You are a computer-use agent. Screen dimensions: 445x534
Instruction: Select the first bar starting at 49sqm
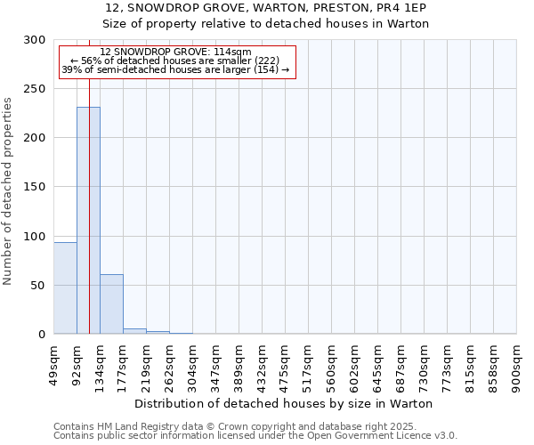(x=65, y=288)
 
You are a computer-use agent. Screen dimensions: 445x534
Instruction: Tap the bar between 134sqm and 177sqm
(x=111, y=304)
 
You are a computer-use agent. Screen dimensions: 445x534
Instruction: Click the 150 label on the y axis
(x=36, y=187)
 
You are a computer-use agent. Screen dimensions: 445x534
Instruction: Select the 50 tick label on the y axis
(x=38, y=286)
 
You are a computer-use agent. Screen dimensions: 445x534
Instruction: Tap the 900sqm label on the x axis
(x=517, y=364)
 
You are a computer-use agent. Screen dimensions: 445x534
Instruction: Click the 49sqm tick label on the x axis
(x=54, y=362)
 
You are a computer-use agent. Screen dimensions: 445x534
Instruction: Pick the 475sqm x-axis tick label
(x=286, y=364)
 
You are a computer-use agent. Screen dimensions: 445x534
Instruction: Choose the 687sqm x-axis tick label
(x=401, y=364)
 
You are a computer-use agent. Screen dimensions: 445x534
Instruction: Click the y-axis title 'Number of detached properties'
(x=8, y=191)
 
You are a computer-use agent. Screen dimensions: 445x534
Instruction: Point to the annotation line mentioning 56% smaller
(x=175, y=61)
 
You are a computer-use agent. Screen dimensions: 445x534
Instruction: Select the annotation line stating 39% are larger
(x=175, y=69)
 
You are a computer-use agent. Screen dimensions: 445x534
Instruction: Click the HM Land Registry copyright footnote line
(x=235, y=426)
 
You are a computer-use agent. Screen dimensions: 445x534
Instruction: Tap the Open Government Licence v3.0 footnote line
(x=255, y=436)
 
